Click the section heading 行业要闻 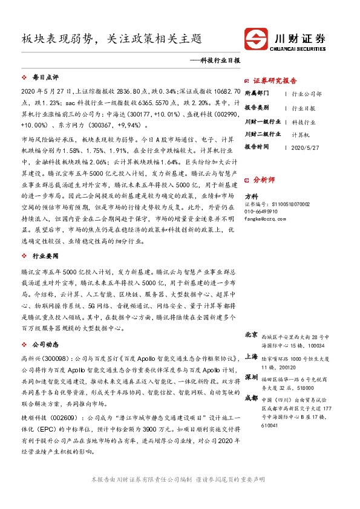(x=44, y=256)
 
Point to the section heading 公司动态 (x=44, y=344)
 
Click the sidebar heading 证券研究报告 (x=275, y=80)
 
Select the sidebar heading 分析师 (x=264, y=180)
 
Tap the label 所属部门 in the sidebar (x=258, y=94)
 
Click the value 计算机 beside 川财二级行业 (x=301, y=135)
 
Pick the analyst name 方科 (x=250, y=197)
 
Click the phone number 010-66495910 (x=261, y=212)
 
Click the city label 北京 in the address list (x=251, y=335)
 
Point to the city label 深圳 (x=251, y=377)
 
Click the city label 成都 (x=251, y=398)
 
